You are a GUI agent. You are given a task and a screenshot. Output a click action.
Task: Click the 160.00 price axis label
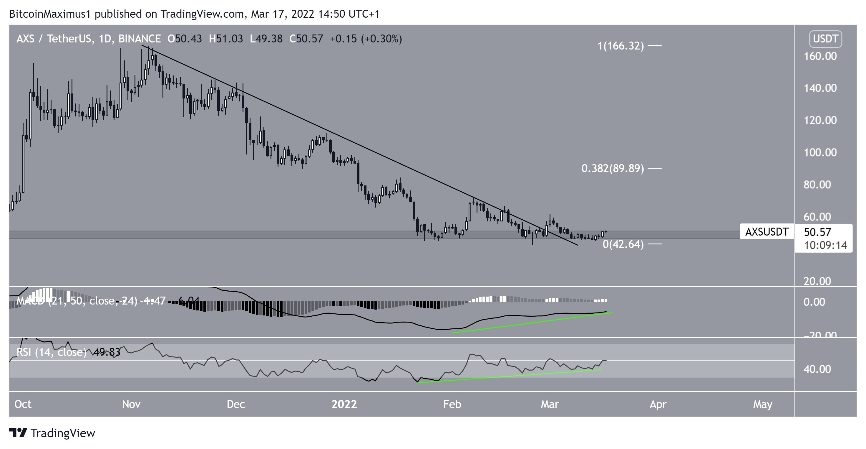(x=820, y=56)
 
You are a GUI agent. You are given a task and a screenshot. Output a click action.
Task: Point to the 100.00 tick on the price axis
(x=820, y=152)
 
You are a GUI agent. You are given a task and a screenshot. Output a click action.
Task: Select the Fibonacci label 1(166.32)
(x=621, y=46)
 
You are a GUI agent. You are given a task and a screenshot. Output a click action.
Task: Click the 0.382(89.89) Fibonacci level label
(x=613, y=168)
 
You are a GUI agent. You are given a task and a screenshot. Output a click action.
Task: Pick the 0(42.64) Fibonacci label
(x=623, y=244)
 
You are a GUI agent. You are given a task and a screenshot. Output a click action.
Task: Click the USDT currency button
(x=825, y=39)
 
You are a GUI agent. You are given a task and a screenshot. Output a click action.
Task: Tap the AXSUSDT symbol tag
(x=767, y=232)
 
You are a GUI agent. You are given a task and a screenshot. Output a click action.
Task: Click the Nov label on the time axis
(x=131, y=404)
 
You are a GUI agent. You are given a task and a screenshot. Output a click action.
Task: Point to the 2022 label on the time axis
(x=344, y=404)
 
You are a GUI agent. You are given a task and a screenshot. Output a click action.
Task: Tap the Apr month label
(x=658, y=404)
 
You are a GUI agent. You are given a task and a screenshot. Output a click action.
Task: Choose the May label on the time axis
(x=762, y=404)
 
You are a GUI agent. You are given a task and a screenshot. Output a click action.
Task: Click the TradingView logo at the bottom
(x=52, y=433)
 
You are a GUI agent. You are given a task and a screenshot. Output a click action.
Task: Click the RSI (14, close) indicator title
(x=52, y=352)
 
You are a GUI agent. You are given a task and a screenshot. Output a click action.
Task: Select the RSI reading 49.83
(x=107, y=352)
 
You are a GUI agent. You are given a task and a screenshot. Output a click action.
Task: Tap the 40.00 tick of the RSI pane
(x=817, y=369)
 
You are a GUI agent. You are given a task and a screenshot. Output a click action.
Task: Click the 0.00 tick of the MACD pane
(x=814, y=302)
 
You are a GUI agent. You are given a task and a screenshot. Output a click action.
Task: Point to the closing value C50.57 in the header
(x=306, y=39)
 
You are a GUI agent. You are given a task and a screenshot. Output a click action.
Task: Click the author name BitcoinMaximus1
(x=50, y=14)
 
